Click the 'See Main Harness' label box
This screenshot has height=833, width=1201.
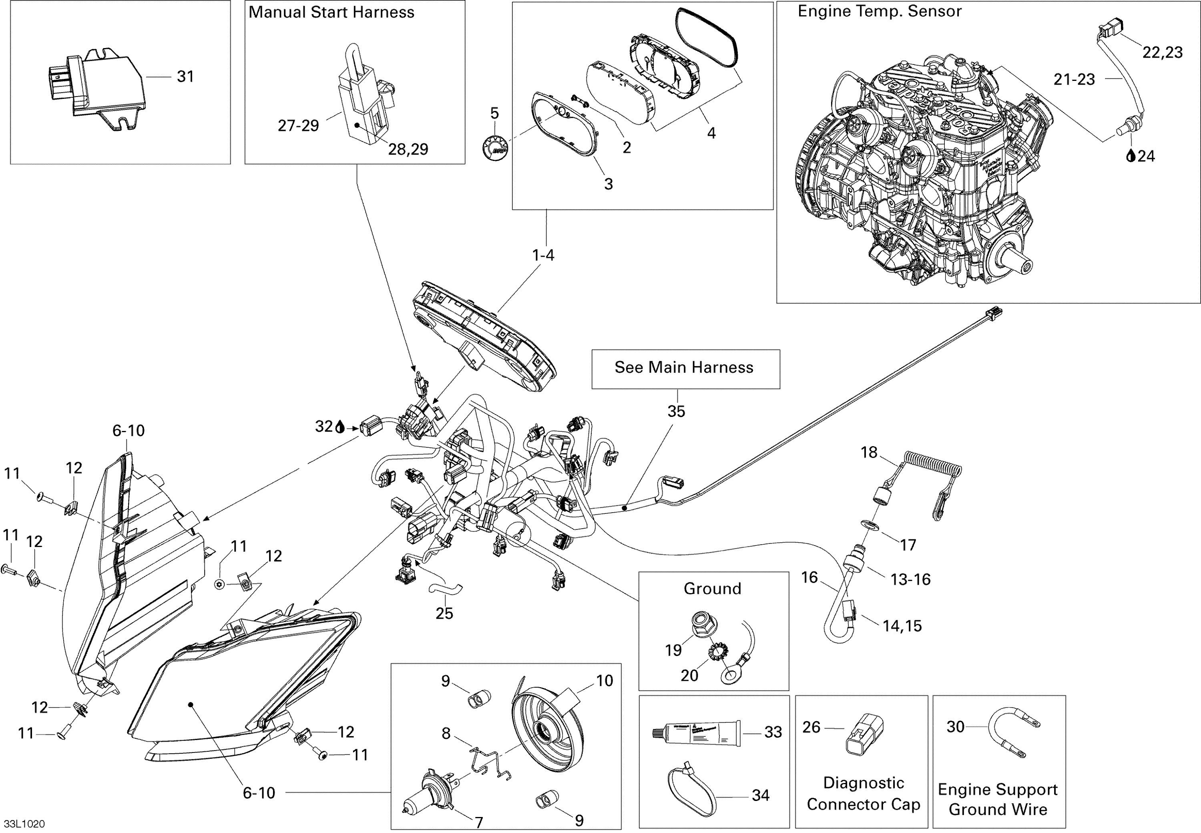click(685, 368)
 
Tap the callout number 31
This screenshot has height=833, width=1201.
click(185, 77)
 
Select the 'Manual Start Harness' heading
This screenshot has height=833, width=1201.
click(331, 12)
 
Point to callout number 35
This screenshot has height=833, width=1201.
click(676, 411)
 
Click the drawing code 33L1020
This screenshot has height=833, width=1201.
click(24, 824)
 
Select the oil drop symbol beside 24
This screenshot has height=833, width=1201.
click(1131, 156)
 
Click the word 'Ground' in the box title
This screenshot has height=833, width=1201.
click(712, 589)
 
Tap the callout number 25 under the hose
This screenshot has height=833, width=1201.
click(444, 613)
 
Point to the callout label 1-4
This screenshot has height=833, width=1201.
click(543, 255)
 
